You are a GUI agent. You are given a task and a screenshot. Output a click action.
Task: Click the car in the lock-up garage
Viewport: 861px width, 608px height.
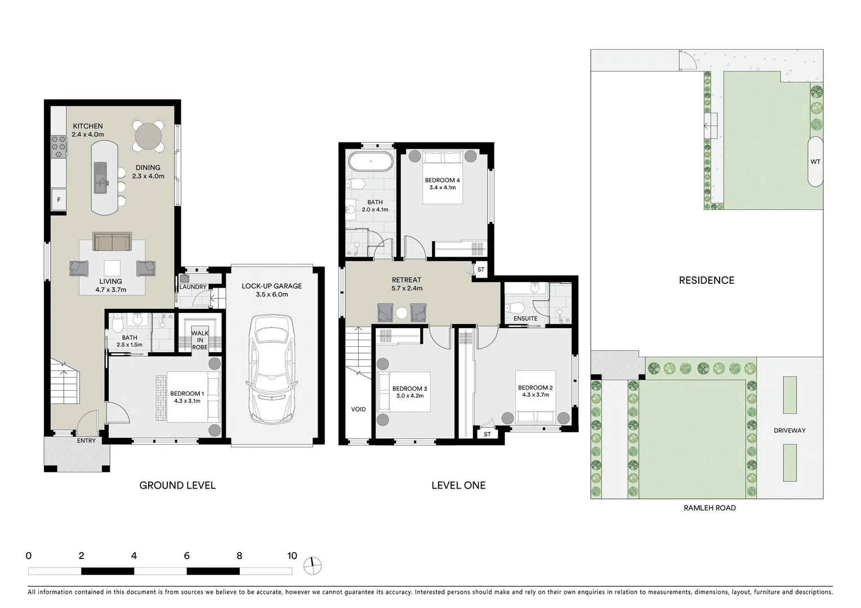[272, 369]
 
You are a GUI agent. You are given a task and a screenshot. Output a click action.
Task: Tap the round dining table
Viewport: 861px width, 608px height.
[149, 136]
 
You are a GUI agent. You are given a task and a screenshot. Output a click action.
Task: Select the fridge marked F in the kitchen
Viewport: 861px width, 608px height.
[59, 200]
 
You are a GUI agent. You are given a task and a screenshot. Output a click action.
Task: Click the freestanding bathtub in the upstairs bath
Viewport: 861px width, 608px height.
[371, 162]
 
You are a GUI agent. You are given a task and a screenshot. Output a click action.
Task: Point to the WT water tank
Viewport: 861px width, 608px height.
[815, 162]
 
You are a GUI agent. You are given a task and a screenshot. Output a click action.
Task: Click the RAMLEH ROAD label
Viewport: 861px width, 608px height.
[709, 508]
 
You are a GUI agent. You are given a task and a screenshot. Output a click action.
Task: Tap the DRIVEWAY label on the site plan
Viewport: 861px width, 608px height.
[789, 431]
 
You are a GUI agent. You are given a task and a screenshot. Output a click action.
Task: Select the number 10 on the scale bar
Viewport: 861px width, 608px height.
[291, 556]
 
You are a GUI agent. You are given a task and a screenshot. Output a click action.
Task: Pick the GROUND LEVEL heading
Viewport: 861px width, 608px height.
[177, 485]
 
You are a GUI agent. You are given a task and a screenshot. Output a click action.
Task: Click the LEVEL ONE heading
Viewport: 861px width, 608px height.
[458, 485]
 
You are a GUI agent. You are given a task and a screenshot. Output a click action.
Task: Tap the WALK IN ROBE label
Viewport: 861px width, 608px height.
[200, 340]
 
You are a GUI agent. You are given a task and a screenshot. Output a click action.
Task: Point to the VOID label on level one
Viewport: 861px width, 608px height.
[358, 409]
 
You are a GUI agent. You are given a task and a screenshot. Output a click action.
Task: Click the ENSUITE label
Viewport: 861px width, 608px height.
[525, 319]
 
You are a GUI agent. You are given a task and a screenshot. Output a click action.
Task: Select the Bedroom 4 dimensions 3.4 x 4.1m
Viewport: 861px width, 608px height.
[442, 187]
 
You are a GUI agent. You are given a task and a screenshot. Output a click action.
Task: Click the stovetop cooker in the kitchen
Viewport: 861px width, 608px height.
[59, 147]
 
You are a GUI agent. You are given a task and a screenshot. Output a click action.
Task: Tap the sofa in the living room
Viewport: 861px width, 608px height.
[112, 242]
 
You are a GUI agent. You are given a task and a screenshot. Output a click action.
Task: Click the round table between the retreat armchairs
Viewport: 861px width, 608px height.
[401, 313]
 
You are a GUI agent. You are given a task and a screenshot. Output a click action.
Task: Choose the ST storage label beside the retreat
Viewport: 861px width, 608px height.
[480, 270]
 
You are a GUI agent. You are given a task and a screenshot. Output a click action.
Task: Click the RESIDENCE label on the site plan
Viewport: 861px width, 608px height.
[706, 280]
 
